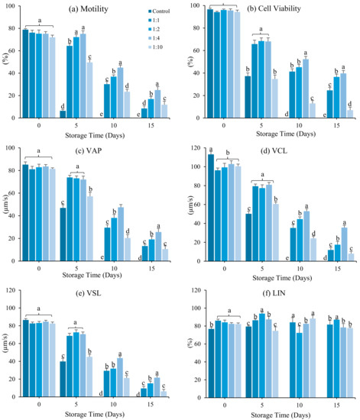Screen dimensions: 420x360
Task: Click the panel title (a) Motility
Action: point(92,9)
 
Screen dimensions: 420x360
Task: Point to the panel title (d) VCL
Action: point(275,150)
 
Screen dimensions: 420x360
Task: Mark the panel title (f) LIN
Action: point(275,290)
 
